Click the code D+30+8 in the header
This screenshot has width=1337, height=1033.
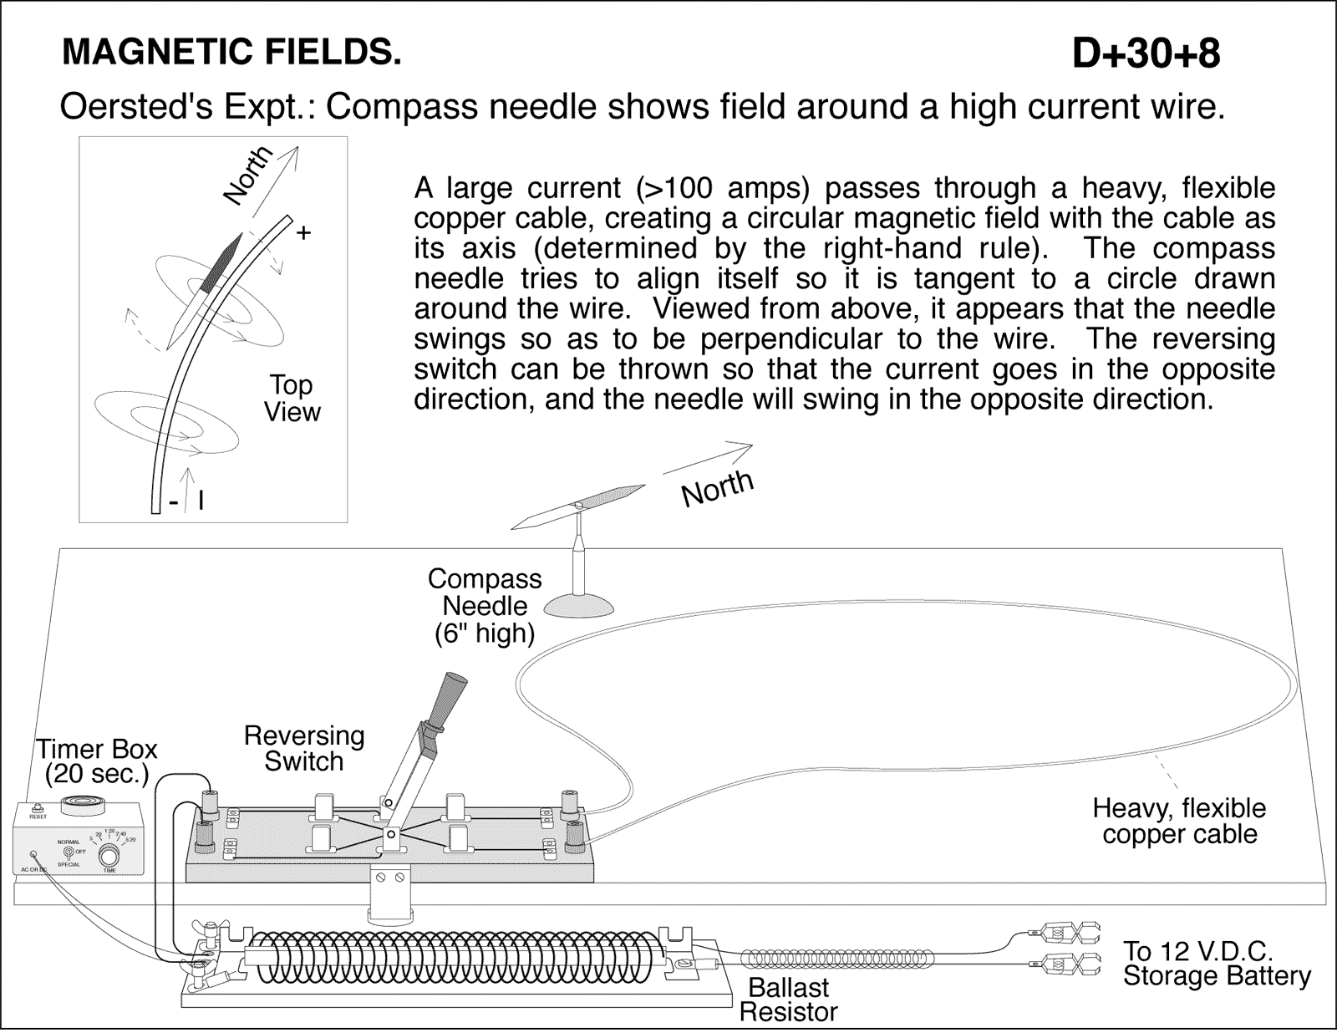[1145, 53]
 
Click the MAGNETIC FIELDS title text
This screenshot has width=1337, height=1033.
[231, 53]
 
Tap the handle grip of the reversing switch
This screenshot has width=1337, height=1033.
[451, 695]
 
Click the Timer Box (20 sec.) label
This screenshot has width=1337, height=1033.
[97, 761]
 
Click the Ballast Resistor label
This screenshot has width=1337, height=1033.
[788, 1000]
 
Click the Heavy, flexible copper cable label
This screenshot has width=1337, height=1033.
[1179, 821]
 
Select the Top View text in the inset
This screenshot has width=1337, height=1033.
[292, 398]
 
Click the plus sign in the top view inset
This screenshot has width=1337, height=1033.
[303, 233]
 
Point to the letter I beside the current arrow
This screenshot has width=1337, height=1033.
[201, 501]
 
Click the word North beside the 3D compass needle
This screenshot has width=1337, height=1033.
[717, 488]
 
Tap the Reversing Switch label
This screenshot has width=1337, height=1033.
[304, 748]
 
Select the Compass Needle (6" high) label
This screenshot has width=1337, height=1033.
[485, 606]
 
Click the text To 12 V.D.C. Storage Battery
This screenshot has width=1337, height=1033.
[1216, 963]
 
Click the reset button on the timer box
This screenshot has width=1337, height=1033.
[37, 808]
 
